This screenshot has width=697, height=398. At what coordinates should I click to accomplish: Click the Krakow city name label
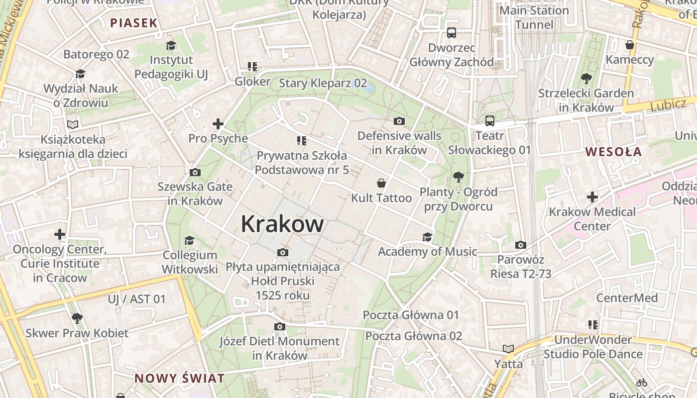coord(282,224)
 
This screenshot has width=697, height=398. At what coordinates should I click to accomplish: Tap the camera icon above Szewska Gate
coord(195,172)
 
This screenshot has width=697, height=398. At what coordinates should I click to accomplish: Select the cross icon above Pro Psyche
coord(218,124)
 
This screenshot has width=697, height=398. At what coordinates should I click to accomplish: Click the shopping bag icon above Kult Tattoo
coord(381,183)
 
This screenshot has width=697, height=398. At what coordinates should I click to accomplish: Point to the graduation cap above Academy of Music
coord(427,237)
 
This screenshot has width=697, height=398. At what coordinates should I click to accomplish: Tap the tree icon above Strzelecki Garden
coord(586,78)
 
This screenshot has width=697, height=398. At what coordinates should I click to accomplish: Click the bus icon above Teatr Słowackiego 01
coord(490,120)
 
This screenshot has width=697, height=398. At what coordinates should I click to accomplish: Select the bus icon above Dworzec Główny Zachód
coord(452,33)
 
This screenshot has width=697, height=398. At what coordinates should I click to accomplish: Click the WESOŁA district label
coord(613,152)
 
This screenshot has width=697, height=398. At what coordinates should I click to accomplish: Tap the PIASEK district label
coord(134,22)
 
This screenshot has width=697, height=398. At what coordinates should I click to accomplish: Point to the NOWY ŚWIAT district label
coord(179,378)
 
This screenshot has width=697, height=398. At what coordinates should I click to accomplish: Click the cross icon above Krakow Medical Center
coord(592,197)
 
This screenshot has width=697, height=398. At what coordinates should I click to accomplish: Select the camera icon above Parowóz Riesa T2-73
coord(521,245)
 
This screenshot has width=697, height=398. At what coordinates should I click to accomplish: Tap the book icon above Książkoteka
coord(73,124)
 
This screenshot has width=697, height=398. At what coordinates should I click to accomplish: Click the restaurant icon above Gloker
coord(252,67)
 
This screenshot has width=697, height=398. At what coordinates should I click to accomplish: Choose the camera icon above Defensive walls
coord(399,121)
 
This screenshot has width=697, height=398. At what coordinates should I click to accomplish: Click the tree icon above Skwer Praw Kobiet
coord(77,318)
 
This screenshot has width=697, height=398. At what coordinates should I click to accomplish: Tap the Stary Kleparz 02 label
coord(323,83)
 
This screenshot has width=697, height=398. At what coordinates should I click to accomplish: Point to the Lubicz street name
coord(668,105)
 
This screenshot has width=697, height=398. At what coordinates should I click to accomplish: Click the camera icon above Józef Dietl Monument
coord(280,326)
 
